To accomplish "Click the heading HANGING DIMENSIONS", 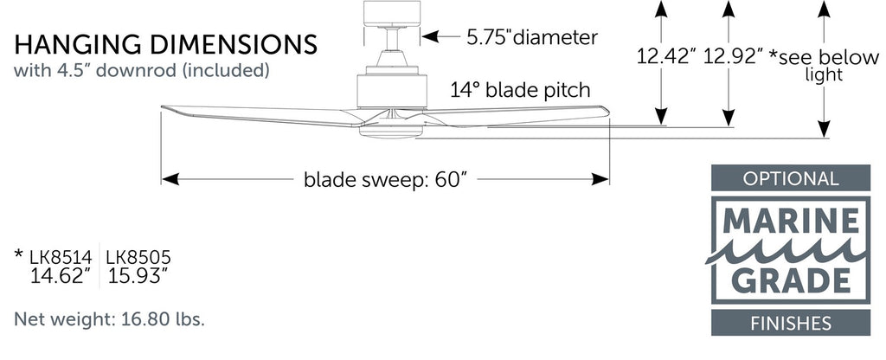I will [165, 44].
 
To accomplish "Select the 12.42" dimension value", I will [665, 58].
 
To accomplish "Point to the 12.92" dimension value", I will [733, 58].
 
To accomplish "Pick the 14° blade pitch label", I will [520, 89].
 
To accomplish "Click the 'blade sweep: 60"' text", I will [385, 180].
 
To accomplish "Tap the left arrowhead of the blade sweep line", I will [170, 179].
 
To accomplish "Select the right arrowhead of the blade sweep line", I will [600, 179].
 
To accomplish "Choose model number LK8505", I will [138, 256].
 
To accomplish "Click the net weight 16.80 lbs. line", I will [110, 319].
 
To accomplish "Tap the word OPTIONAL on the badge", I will [791, 179].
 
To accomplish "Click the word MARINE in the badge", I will [791, 223].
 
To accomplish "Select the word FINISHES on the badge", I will [791, 324].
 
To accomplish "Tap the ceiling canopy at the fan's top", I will [392, 13].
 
